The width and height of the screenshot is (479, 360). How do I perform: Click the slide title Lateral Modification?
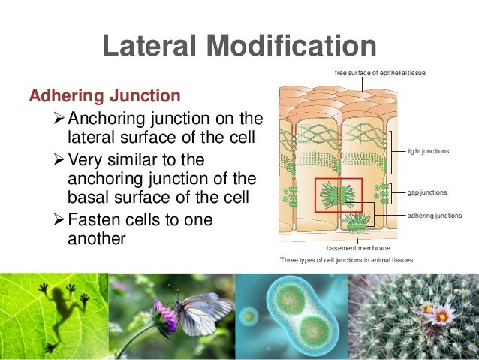tap(239, 46)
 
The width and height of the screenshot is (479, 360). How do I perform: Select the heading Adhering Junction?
tap(104, 96)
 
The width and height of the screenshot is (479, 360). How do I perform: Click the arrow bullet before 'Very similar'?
tap(62, 162)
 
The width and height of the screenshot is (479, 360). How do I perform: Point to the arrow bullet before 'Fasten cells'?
tap(62, 221)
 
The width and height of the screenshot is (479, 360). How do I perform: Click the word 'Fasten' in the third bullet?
tap(96, 221)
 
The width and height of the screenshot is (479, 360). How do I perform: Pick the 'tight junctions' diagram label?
tap(428, 152)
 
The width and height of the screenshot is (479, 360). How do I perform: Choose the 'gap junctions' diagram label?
tap(427, 192)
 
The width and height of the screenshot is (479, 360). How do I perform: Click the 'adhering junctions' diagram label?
tap(434, 216)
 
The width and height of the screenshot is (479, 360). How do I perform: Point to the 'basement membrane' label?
tap(358, 247)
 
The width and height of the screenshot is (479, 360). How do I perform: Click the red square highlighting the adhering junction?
tap(339, 195)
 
